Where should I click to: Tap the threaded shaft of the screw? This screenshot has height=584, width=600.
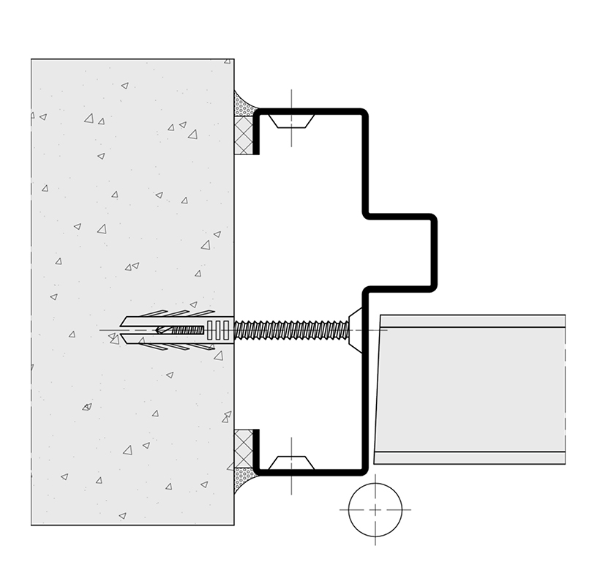293,330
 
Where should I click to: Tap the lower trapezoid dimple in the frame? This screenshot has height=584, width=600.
291,463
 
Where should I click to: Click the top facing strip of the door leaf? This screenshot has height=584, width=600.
472,321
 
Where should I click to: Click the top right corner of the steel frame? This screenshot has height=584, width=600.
363,113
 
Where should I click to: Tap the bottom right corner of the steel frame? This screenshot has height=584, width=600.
363,471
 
